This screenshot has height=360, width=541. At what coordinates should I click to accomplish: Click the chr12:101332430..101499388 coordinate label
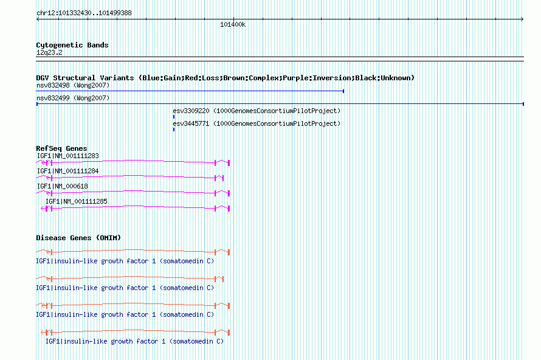(84, 13)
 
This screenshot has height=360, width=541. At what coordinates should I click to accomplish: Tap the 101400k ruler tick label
(233, 24)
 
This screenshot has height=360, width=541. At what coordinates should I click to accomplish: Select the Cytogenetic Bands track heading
(72, 45)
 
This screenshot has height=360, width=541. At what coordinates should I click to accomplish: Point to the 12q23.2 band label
(49, 52)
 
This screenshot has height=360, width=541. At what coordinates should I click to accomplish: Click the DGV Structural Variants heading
(225, 78)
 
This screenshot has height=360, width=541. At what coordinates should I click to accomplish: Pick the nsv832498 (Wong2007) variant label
(73, 85)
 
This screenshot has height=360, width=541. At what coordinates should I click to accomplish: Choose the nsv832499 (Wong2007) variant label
(73, 98)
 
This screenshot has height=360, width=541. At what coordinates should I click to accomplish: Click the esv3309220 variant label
(257, 111)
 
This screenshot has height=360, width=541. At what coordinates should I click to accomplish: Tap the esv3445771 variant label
(257, 123)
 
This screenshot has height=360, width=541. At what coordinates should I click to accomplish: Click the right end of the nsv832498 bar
(343, 91)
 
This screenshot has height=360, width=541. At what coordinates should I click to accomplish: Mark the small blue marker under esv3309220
(174, 117)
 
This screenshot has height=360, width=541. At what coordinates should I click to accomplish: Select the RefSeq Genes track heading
(61, 148)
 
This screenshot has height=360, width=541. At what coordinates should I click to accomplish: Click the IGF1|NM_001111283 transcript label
(67, 156)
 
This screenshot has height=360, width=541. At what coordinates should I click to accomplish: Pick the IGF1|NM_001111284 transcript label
(67, 171)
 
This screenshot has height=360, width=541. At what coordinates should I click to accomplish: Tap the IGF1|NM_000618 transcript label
(63, 187)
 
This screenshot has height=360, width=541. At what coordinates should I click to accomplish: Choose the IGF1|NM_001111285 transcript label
(76, 201)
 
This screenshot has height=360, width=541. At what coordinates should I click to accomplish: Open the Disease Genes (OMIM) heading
(78, 238)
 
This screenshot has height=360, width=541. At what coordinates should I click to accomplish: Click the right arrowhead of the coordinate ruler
(522, 19)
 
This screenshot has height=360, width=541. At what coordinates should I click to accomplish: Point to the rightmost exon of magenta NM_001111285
(229, 209)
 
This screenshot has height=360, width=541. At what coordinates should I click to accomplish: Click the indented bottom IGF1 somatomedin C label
(134, 341)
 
